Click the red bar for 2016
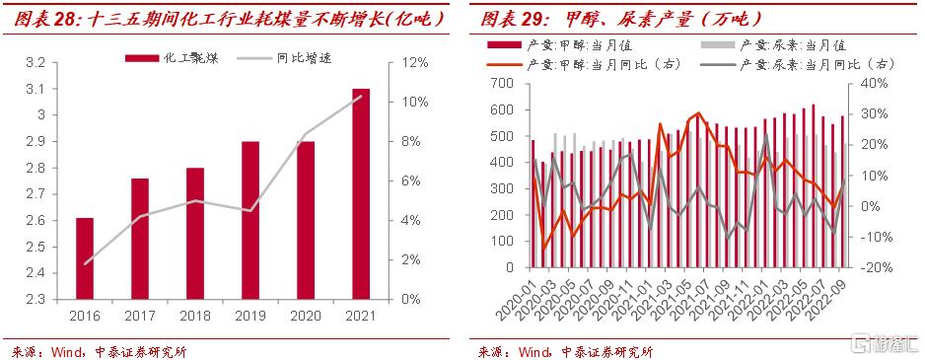point(85,258)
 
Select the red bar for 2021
point(361,194)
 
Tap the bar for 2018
point(195,234)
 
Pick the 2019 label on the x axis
point(250,317)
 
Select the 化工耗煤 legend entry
point(172,58)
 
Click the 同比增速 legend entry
point(284,58)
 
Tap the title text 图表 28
point(45,20)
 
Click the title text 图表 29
point(512,20)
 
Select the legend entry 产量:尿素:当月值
point(774,44)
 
